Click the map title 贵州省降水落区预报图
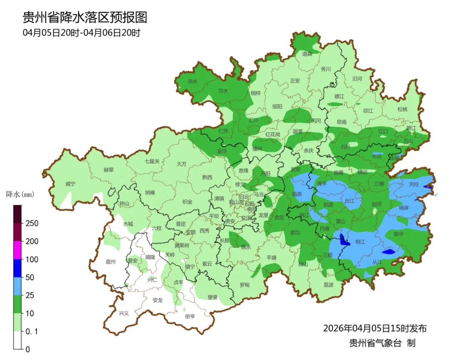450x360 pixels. [x=85, y=17]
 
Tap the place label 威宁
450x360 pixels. [x=71, y=184]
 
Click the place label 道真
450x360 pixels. [x=307, y=53]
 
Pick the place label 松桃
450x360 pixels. [x=402, y=109]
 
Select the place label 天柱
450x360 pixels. [x=413, y=184]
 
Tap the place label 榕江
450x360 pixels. [x=360, y=242]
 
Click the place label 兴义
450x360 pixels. [x=124, y=313]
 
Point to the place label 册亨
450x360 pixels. [x=190, y=316]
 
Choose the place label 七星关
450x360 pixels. [x=152, y=161]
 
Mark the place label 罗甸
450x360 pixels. [x=245, y=285]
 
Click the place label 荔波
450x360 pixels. [x=328, y=285]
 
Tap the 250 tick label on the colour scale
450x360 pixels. [x=32, y=223]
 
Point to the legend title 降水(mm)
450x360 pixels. [x=20, y=195]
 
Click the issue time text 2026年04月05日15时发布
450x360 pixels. [x=375, y=328]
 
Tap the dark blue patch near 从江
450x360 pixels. [x=388, y=252]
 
